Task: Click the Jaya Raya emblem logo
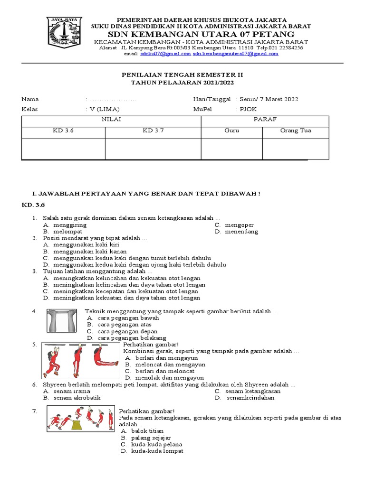pos(64,34)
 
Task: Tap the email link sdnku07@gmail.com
pos(165,54)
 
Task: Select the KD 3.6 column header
pos(63,131)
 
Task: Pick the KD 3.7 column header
pos(153,131)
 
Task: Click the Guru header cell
pos(231,131)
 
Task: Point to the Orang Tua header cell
pos(296,131)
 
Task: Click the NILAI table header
pos(112,119)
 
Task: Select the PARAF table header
pos(265,119)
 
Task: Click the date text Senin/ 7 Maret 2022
pos(270,99)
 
